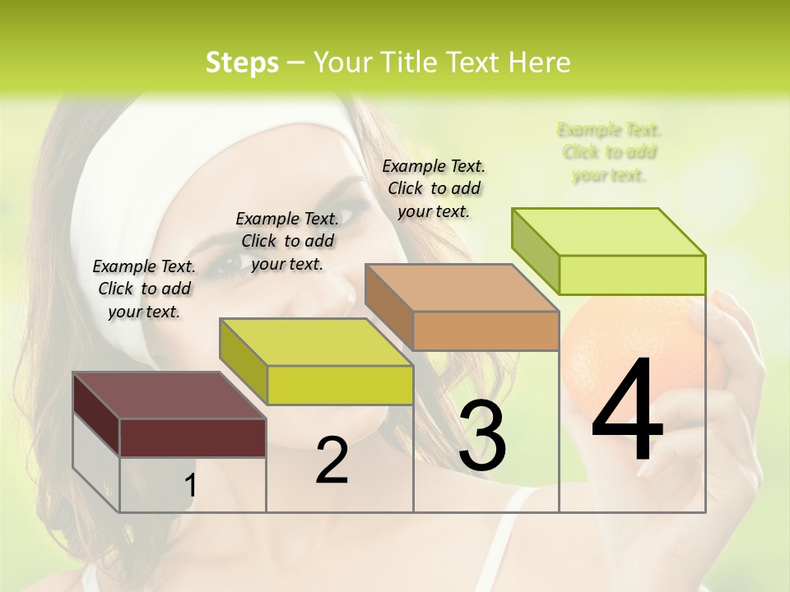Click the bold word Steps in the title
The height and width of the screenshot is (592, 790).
coord(242,62)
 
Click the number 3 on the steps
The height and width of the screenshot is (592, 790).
coord(482,435)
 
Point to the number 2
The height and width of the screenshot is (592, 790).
coord(332,460)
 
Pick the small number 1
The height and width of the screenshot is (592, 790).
coord(190,486)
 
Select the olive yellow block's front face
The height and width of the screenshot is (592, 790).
coord(340,385)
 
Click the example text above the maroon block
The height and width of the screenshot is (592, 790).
coord(144,289)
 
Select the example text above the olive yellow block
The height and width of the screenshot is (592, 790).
coord(287,241)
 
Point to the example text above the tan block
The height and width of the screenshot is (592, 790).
coord(434,188)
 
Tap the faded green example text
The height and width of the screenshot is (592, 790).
coord(609,152)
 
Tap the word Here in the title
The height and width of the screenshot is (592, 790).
coord(541,62)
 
